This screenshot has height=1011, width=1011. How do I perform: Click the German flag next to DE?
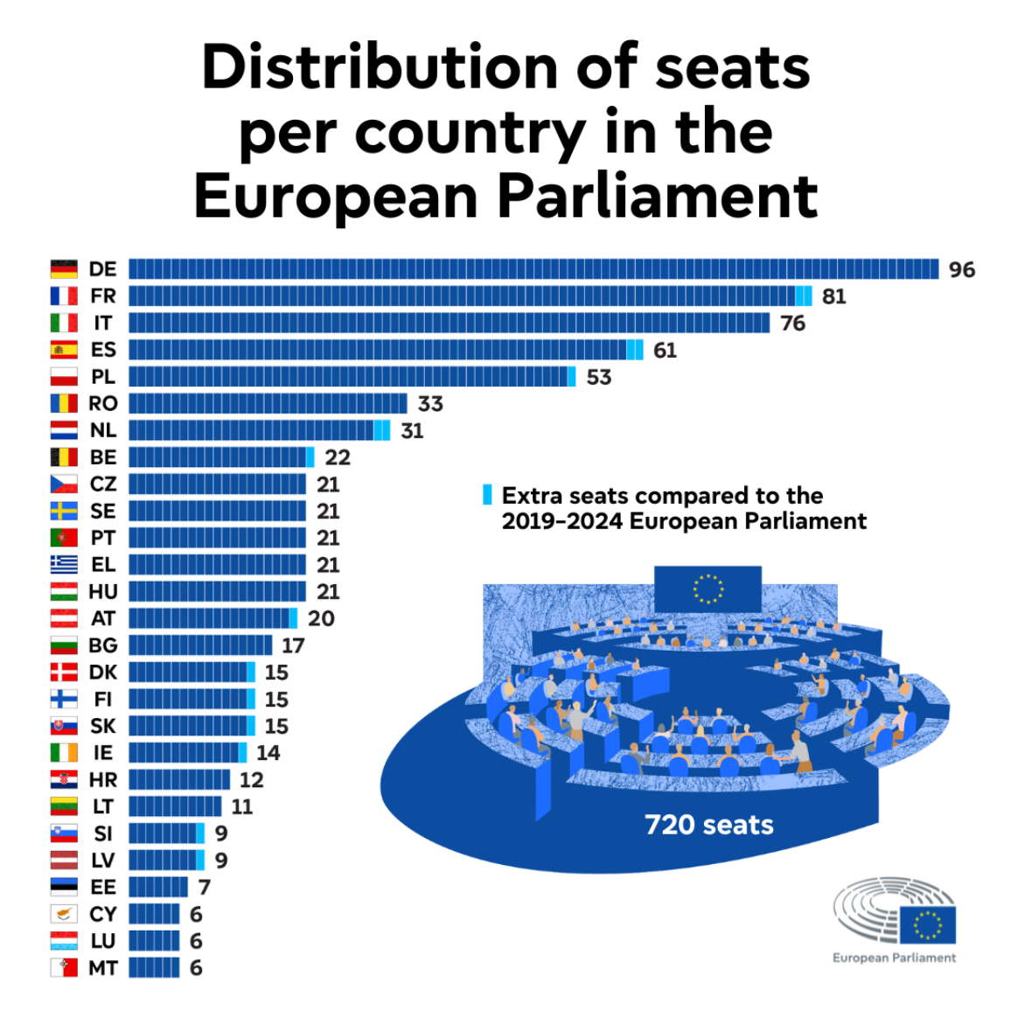pyautogui.click(x=64, y=269)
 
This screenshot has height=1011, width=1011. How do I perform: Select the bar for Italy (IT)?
pyautogui.click(x=449, y=323)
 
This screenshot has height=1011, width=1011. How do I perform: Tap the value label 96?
pyautogui.click(x=962, y=269)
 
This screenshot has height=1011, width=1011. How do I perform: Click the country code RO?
pyautogui.click(x=103, y=403)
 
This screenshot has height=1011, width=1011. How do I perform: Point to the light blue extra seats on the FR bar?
pyautogui.click(x=804, y=296)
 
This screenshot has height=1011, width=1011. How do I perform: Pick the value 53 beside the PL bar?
pyautogui.click(x=599, y=377)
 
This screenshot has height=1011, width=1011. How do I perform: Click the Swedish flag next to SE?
pyautogui.click(x=64, y=511)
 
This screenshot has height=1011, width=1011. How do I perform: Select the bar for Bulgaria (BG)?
pyautogui.click(x=200, y=645)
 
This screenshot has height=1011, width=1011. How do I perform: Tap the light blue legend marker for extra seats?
pyautogui.click(x=488, y=495)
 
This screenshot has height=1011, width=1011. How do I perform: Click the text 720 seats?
pyautogui.click(x=709, y=825)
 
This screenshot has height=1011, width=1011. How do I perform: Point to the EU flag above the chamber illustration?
pyautogui.click(x=708, y=589)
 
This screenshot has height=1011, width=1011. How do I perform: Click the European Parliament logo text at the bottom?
pyautogui.click(x=894, y=958)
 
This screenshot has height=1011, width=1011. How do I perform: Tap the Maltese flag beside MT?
pyautogui.click(x=64, y=967)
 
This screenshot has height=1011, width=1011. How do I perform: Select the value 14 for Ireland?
pyautogui.click(x=268, y=753)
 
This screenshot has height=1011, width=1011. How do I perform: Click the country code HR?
pyautogui.click(x=103, y=780)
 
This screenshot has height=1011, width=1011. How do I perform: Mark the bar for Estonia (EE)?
pyautogui.click(x=157, y=887)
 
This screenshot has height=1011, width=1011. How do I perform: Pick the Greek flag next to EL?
pyautogui.click(x=64, y=565)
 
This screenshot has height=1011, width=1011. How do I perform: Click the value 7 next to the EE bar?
pyautogui.click(x=205, y=888)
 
